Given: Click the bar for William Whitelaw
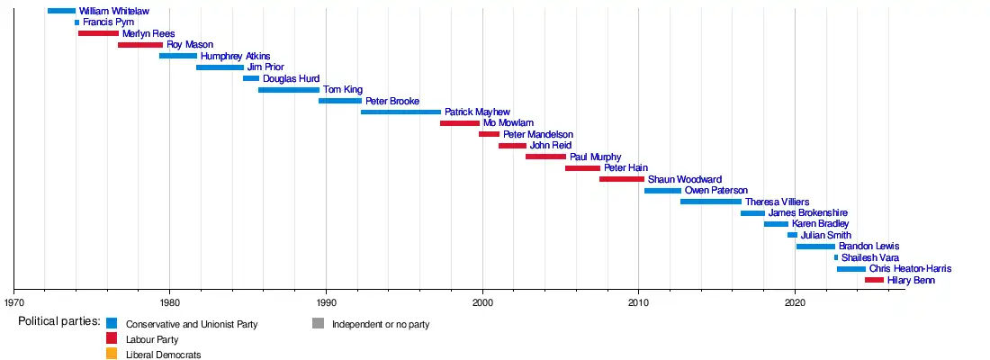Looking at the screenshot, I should (x=61, y=11).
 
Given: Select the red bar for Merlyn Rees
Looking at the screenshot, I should (x=98, y=33).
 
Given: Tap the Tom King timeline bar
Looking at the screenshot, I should (x=289, y=90).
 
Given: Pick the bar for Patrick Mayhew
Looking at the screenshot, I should (x=400, y=112).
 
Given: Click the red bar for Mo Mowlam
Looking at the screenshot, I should (x=460, y=123).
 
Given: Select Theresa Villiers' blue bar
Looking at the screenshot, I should (x=711, y=202).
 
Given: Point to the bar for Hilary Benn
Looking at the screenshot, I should (x=874, y=280).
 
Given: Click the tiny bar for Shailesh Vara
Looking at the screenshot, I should (x=836, y=257).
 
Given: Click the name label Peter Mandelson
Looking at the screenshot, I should (x=538, y=134).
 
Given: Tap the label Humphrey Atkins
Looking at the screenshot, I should (x=235, y=56).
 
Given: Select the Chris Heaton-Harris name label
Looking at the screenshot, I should (x=910, y=269).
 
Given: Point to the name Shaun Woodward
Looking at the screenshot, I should (x=684, y=179).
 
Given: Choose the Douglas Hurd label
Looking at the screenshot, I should (x=291, y=78).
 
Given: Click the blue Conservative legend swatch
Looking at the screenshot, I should (x=112, y=323).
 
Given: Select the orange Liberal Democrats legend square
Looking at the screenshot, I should (x=112, y=355).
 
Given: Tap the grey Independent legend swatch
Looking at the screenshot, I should (x=319, y=323).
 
